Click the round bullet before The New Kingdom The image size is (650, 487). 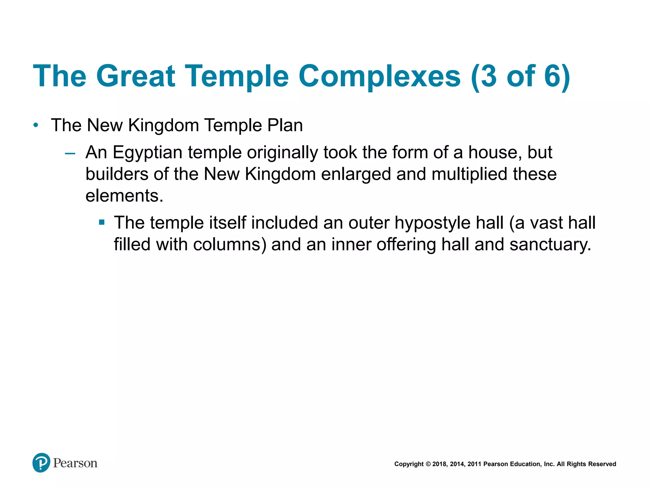[36, 126]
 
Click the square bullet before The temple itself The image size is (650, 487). [102, 223]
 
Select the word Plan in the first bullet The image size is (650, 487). [285, 125]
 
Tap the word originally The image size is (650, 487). [282, 153]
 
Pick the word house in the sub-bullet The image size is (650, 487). [495, 153]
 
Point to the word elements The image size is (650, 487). [124, 196]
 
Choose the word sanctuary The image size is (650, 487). [550, 244]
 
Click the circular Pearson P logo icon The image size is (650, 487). [41, 463]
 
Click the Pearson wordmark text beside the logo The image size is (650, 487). [75, 463]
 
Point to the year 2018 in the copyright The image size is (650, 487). [439, 464]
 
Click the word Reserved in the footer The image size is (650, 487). [602, 464]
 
